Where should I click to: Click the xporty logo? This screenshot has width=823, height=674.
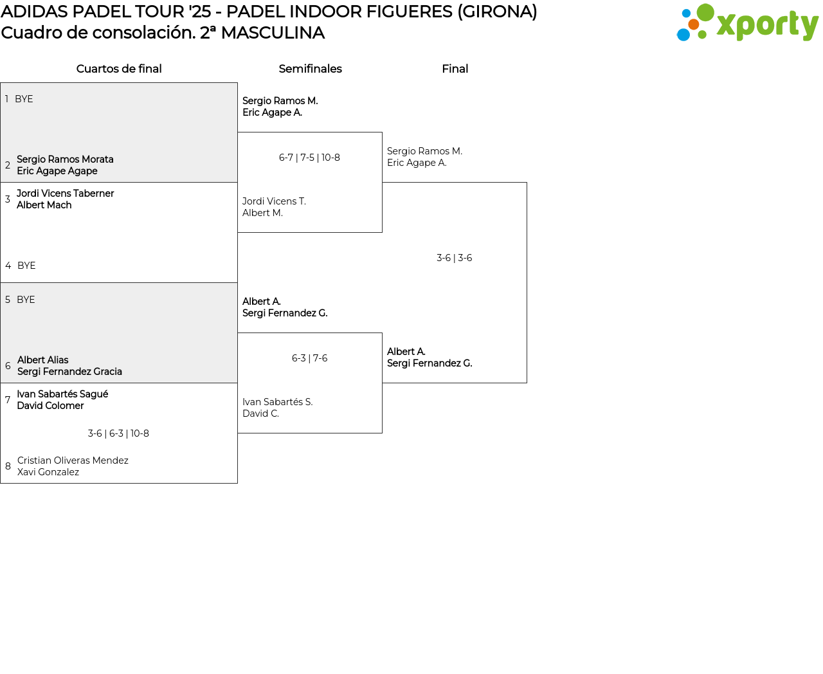coord(747,23)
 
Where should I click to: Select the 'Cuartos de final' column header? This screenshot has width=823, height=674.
coord(119,69)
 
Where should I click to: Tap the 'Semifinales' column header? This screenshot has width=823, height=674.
coord(310,69)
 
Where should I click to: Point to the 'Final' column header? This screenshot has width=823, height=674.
coord(455,69)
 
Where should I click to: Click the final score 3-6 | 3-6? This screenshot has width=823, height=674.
coord(454,258)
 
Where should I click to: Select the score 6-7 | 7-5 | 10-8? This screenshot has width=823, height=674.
coord(309,158)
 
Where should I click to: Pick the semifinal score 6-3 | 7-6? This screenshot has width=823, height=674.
coord(309,358)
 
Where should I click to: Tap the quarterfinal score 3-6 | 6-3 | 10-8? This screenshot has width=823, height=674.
coord(118,433)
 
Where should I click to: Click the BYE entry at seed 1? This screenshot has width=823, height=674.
coord(24,99)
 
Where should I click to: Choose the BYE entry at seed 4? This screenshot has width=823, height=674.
coord(26,266)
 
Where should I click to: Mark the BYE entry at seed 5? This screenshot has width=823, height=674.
coord(26,300)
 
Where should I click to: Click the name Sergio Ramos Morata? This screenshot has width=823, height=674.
coord(65,159)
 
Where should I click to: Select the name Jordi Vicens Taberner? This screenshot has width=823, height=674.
coord(65,194)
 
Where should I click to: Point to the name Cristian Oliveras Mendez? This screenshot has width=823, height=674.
coord(73,460)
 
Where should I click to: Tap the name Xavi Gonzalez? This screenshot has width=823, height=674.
coord(48,472)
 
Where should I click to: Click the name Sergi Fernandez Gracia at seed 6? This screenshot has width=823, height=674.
coord(69,372)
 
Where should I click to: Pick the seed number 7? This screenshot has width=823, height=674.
coord(8,400)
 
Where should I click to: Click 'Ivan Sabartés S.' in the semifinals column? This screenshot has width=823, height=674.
coord(277,402)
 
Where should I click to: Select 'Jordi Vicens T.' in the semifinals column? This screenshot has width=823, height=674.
coord(274,201)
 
